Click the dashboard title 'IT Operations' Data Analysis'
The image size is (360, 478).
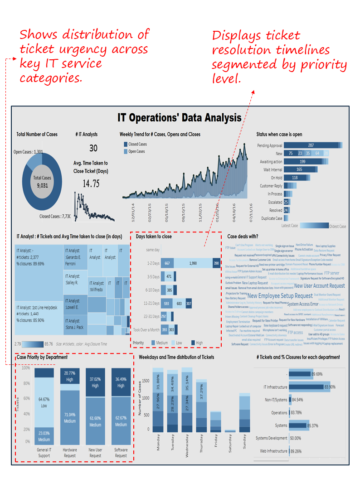click(180, 118)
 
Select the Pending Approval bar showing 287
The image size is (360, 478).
click(311, 145)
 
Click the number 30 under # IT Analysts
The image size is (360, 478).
click(93, 148)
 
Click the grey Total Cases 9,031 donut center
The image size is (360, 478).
click(42, 181)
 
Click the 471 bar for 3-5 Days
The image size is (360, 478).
click(169, 276)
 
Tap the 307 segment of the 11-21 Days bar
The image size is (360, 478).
click(189, 303)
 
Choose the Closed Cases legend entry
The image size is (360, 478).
click(137, 144)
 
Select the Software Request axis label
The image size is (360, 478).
click(121, 453)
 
